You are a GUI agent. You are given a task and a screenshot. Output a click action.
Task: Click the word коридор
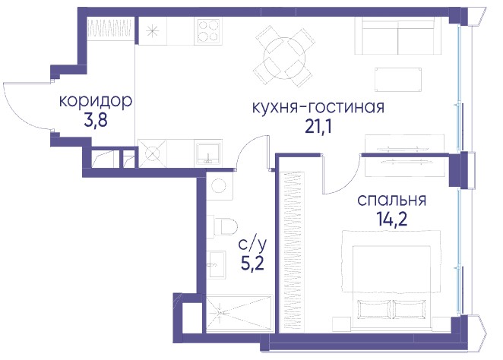click(x=96, y=101)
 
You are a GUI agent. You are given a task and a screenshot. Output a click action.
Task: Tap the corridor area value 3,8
click(x=95, y=121)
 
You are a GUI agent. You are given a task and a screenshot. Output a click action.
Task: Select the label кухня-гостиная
click(x=318, y=107)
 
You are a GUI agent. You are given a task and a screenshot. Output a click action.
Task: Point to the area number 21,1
click(x=318, y=127)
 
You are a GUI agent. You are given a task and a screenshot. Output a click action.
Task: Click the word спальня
click(x=391, y=200)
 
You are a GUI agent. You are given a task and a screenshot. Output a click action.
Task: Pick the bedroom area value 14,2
click(x=391, y=219)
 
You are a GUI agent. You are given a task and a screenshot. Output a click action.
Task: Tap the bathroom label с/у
click(x=252, y=245)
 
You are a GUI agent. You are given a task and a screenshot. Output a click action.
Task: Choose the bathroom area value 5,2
click(x=252, y=264)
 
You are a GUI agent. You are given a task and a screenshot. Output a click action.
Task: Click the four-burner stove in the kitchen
click(x=208, y=31)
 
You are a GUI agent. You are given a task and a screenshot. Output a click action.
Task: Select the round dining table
click(x=284, y=58)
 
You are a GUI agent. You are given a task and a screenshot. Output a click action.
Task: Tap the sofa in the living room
click(x=397, y=36)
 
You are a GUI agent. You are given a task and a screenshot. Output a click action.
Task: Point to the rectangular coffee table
click(x=398, y=80)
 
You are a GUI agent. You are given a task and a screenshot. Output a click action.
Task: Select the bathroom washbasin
click(x=217, y=264)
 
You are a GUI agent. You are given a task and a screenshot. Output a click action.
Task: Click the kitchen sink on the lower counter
click(x=208, y=153)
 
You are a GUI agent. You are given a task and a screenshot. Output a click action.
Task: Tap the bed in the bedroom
click(x=391, y=278)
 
